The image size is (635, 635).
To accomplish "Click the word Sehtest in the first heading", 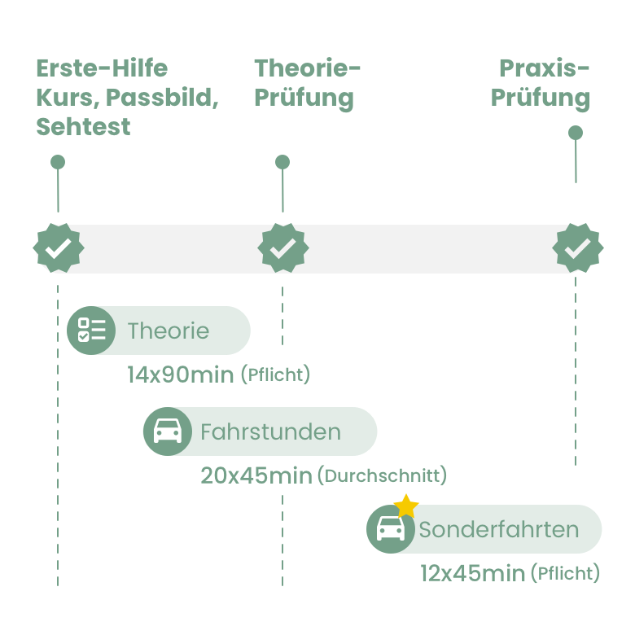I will pyautogui.click(x=83, y=128).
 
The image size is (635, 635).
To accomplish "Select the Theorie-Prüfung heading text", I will pyautogui.click(x=306, y=83).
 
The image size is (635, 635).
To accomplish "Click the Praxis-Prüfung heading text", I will pyautogui.click(x=541, y=83).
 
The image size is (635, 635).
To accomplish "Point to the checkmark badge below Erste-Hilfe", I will pyautogui.click(x=58, y=248).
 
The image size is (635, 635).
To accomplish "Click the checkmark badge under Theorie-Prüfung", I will pyautogui.click(x=282, y=248).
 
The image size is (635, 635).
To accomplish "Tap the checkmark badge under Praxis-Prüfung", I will pyautogui.click(x=577, y=248).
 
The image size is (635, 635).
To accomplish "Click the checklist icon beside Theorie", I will pyautogui.click(x=91, y=331).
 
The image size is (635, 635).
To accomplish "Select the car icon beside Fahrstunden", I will pyautogui.click(x=168, y=431).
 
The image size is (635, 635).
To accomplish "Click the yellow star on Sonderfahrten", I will pyautogui.click(x=406, y=506).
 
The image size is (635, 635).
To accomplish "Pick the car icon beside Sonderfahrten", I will pyautogui.click(x=391, y=530).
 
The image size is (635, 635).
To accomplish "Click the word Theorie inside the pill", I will pyautogui.click(x=169, y=331).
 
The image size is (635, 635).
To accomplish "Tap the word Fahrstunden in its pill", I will pyautogui.click(x=270, y=431).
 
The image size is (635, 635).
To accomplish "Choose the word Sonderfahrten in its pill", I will pyautogui.click(x=499, y=530).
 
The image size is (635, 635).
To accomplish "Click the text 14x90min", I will pyautogui.click(x=181, y=375).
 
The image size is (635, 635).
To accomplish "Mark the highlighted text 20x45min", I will pyautogui.click(x=256, y=475).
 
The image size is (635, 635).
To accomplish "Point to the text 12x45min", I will pyautogui.click(x=472, y=573).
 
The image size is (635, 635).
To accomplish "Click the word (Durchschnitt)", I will pyautogui.click(x=383, y=475).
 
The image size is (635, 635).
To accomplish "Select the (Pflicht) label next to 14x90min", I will pyautogui.click(x=277, y=375).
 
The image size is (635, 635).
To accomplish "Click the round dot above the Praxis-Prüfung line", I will pyautogui.click(x=576, y=133).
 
